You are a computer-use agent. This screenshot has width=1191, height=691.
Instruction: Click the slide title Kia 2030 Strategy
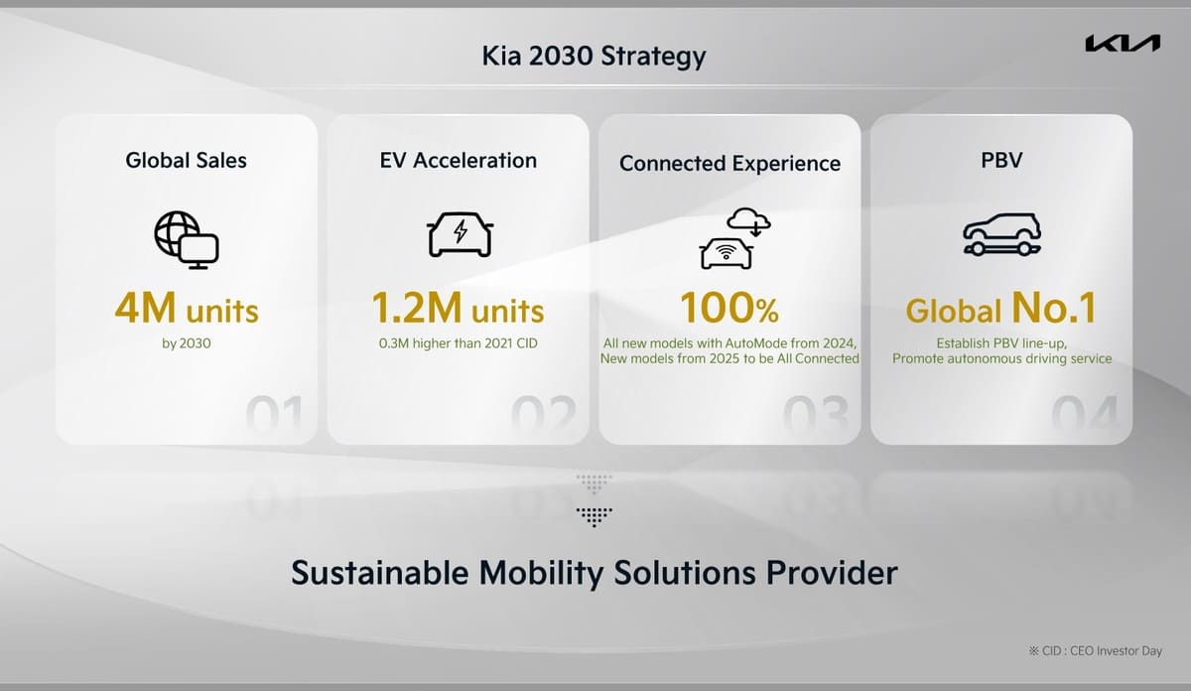pos(594,56)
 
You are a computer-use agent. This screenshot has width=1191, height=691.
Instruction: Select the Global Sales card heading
pos(186,160)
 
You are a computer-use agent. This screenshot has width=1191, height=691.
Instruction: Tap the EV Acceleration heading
pos(459,160)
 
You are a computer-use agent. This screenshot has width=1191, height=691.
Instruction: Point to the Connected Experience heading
pos(729,164)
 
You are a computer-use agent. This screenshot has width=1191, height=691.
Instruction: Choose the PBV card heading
pos(1000,160)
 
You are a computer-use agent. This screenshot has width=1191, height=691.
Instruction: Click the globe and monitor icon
pos(186,239)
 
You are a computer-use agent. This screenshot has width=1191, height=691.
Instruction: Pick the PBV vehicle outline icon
pos(1001,235)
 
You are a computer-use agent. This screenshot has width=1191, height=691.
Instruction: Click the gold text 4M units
pos(186,310)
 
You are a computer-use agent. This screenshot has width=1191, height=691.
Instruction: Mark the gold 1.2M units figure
pos(459,310)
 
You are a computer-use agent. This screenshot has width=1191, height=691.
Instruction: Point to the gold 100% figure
pos(729,310)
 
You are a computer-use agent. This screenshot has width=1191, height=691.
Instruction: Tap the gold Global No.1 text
pos(1000,310)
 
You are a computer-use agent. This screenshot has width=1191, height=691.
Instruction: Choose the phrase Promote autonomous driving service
pos(1001,358)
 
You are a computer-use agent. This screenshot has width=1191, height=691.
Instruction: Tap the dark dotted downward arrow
pos(594,515)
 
